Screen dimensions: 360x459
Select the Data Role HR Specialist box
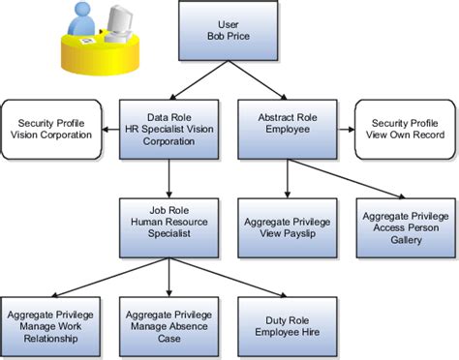[x=169, y=130]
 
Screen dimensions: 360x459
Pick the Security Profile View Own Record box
[x=402, y=130]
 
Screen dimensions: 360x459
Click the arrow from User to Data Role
[x=199, y=80]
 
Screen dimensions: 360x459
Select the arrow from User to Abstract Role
[x=258, y=80]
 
